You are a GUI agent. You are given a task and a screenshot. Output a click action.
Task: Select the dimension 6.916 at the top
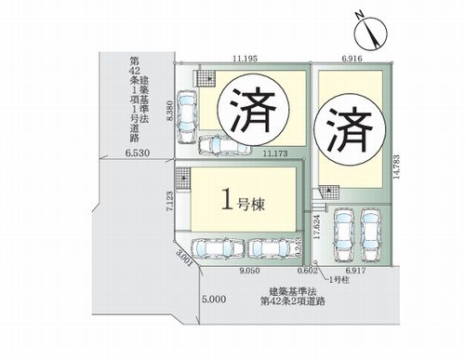[x=352, y=58]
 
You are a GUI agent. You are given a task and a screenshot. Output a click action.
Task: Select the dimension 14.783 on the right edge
[x=398, y=173]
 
